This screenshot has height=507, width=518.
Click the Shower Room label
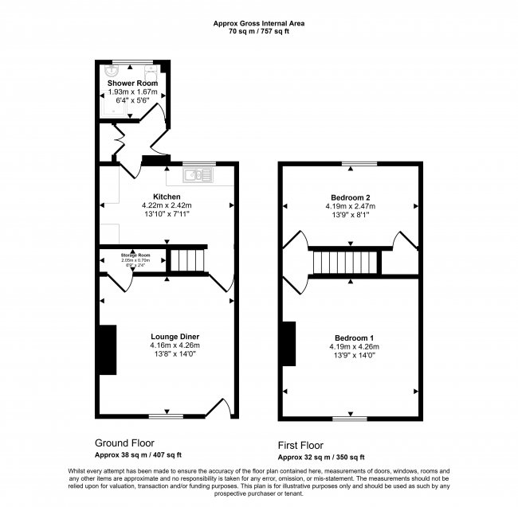(x=132, y=83)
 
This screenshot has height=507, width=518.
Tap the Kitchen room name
(x=167, y=197)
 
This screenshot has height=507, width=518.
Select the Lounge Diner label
(x=174, y=336)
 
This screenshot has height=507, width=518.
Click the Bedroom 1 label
(x=354, y=337)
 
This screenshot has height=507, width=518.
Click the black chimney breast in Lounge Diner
(x=106, y=350)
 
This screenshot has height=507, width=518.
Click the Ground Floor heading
(x=124, y=443)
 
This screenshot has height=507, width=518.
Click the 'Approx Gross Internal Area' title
(x=259, y=23)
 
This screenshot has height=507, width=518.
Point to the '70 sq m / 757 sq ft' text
(x=259, y=32)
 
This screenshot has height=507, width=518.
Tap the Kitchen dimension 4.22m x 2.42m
(x=167, y=205)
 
